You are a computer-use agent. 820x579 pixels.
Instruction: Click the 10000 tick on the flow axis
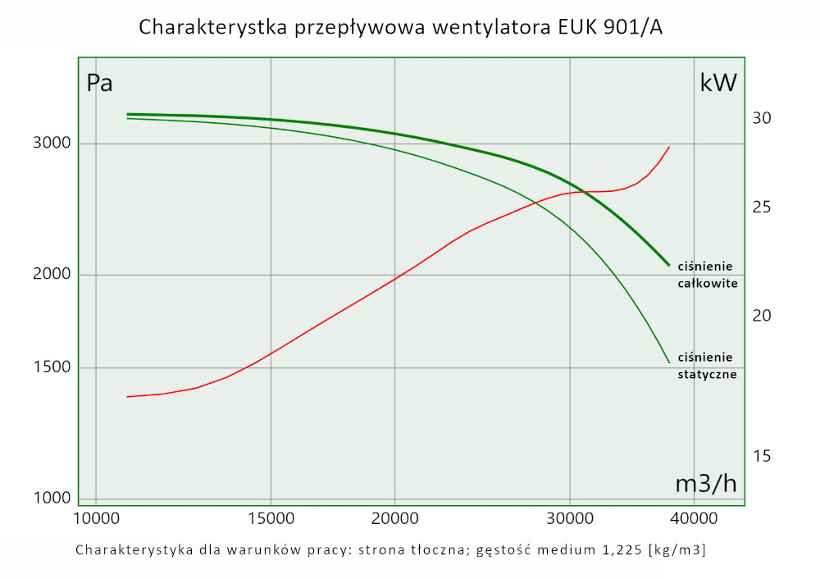pos(96,518)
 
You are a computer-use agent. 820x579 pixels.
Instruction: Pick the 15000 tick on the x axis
pos(271,518)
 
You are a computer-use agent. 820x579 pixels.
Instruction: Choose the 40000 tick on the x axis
pos(695,518)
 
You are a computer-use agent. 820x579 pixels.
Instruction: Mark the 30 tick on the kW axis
pos(762,118)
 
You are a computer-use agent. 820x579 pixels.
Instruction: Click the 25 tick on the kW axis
pos(762,207)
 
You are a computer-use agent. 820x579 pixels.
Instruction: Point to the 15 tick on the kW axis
pos(762,456)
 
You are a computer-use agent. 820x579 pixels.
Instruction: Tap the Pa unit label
pos(99,83)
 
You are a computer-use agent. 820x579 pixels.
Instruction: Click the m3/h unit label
pos(705,484)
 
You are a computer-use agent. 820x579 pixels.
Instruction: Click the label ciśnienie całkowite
pos(707,275)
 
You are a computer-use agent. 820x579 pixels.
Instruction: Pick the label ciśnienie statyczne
pos(706,366)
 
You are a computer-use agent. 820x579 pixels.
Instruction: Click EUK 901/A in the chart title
pos(599,27)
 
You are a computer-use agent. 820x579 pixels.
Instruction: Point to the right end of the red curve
pos(670,147)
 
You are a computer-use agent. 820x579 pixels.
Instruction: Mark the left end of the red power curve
pos(127,397)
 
